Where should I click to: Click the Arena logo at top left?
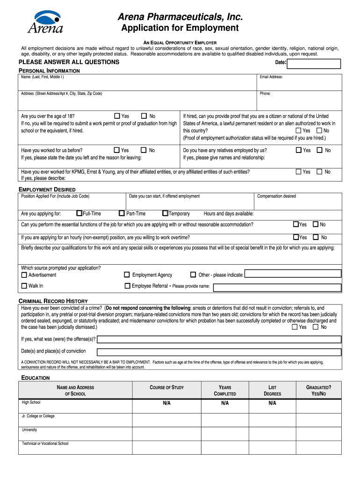click(x=45, y=22)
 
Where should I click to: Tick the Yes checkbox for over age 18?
click(x=117, y=116)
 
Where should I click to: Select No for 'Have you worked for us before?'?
click(x=144, y=150)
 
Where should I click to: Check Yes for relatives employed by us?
click(x=298, y=150)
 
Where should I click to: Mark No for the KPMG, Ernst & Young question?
click(x=319, y=172)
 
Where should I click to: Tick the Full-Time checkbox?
click(x=79, y=213)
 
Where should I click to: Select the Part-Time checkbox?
click(x=122, y=213)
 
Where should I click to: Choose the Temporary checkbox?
click(x=165, y=213)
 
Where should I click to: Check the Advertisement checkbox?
click(x=24, y=275)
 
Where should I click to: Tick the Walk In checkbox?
click(x=24, y=286)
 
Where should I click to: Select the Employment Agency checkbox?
click(x=127, y=275)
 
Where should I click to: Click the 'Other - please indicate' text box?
click(x=293, y=275)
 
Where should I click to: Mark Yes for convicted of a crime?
click(x=295, y=327)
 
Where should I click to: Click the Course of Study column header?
click(x=166, y=387)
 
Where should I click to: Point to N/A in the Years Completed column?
click(x=225, y=403)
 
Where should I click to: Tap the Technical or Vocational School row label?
click(x=45, y=443)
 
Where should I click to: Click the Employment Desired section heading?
click(x=47, y=189)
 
